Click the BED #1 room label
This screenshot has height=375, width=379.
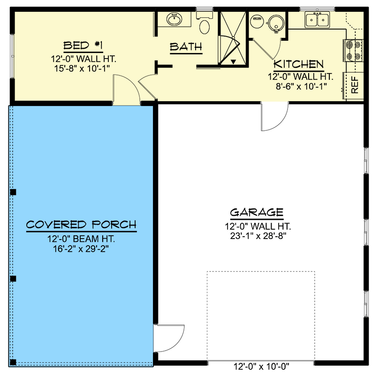(x=83, y=46)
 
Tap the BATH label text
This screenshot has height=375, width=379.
(x=186, y=47)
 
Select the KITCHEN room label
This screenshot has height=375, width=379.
(x=299, y=64)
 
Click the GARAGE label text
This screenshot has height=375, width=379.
(x=256, y=212)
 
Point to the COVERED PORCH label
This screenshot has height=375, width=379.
(x=81, y=225)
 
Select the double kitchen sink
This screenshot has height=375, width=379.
(x=317, y=20)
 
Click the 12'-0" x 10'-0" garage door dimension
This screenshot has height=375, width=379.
(x=261, y=367)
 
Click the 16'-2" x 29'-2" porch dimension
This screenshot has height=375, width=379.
(x=81, y=249)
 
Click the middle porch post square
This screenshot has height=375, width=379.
(x=13, y=278)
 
